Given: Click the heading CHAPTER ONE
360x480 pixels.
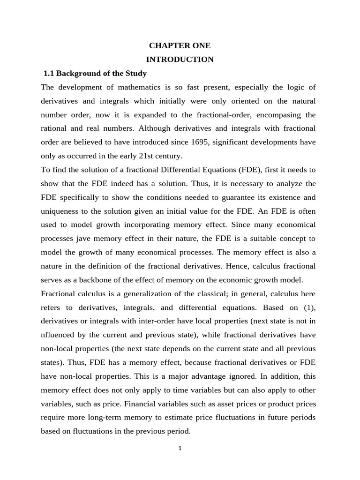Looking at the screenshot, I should tap(180, 46).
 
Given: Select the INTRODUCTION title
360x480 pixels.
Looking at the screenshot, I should tap(180, 60).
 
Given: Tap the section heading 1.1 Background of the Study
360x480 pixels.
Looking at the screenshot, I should tap(95, 74).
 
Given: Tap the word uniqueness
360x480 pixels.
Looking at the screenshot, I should tap(60, 211).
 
